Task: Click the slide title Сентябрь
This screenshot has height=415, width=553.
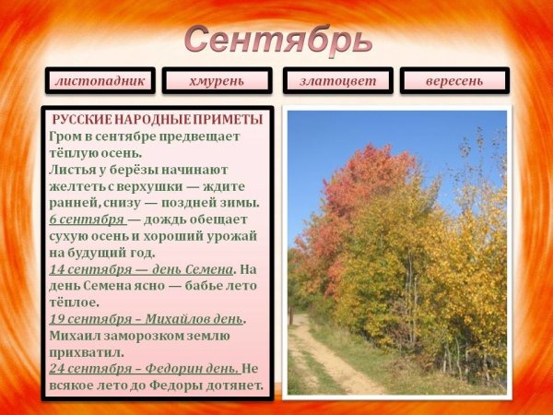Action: click(x=277, y=40)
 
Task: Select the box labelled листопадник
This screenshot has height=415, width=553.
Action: click(x=100, y=81)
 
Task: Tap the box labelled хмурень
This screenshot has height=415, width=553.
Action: click(x=217, y=81)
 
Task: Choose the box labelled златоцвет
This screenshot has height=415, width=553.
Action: click(x=337, y=81)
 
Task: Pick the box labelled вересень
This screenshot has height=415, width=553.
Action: click(x=454, y=81)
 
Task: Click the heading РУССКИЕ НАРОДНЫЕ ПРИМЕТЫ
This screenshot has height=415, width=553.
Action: click(x=158, y=120)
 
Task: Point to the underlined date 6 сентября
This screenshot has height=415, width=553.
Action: click(x=87, y=219)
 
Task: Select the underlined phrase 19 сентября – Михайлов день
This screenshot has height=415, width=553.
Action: click(x=146, y=319)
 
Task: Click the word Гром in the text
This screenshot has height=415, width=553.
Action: click(x=66, y=136)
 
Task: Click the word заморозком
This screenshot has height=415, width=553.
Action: click(x=148, y=336)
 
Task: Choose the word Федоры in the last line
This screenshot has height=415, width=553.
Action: click(x=163, y=385)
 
